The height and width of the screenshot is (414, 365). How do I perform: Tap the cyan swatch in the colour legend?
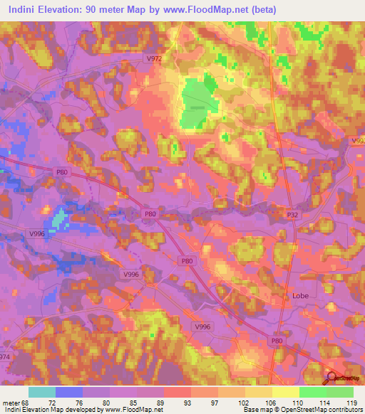(x=42, y=391)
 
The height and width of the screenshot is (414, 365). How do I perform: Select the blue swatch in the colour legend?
(x=69, y=391)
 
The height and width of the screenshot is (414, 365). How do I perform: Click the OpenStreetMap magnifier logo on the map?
(x=331, y=378)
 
